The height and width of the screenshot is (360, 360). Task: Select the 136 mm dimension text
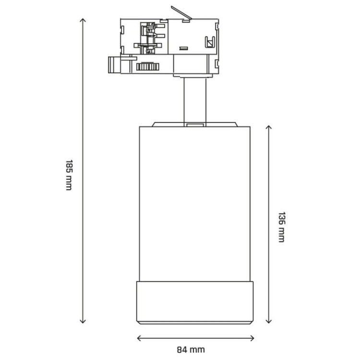click(281, 227)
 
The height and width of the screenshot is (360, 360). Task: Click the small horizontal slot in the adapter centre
click(183, 48)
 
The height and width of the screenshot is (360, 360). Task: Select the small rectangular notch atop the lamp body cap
click(194, 125)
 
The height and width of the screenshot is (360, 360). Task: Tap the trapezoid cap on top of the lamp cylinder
click(195, 124)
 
